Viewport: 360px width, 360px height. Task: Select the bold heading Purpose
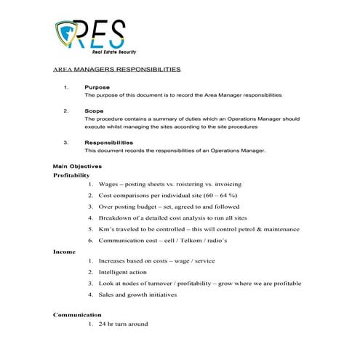(x=97, y=87)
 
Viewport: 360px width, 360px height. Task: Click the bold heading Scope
(x=95, y=111)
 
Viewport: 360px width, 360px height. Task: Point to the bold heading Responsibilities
(x=108, y=142)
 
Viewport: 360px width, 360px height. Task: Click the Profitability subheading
(x=71, y=175)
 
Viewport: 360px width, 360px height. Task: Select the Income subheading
(x=64, y=251)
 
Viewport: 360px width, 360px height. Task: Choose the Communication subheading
(x=77, y=314)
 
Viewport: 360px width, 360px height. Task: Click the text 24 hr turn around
(x=123, y=324)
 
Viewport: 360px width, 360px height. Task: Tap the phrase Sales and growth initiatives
(x=137, y=295)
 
